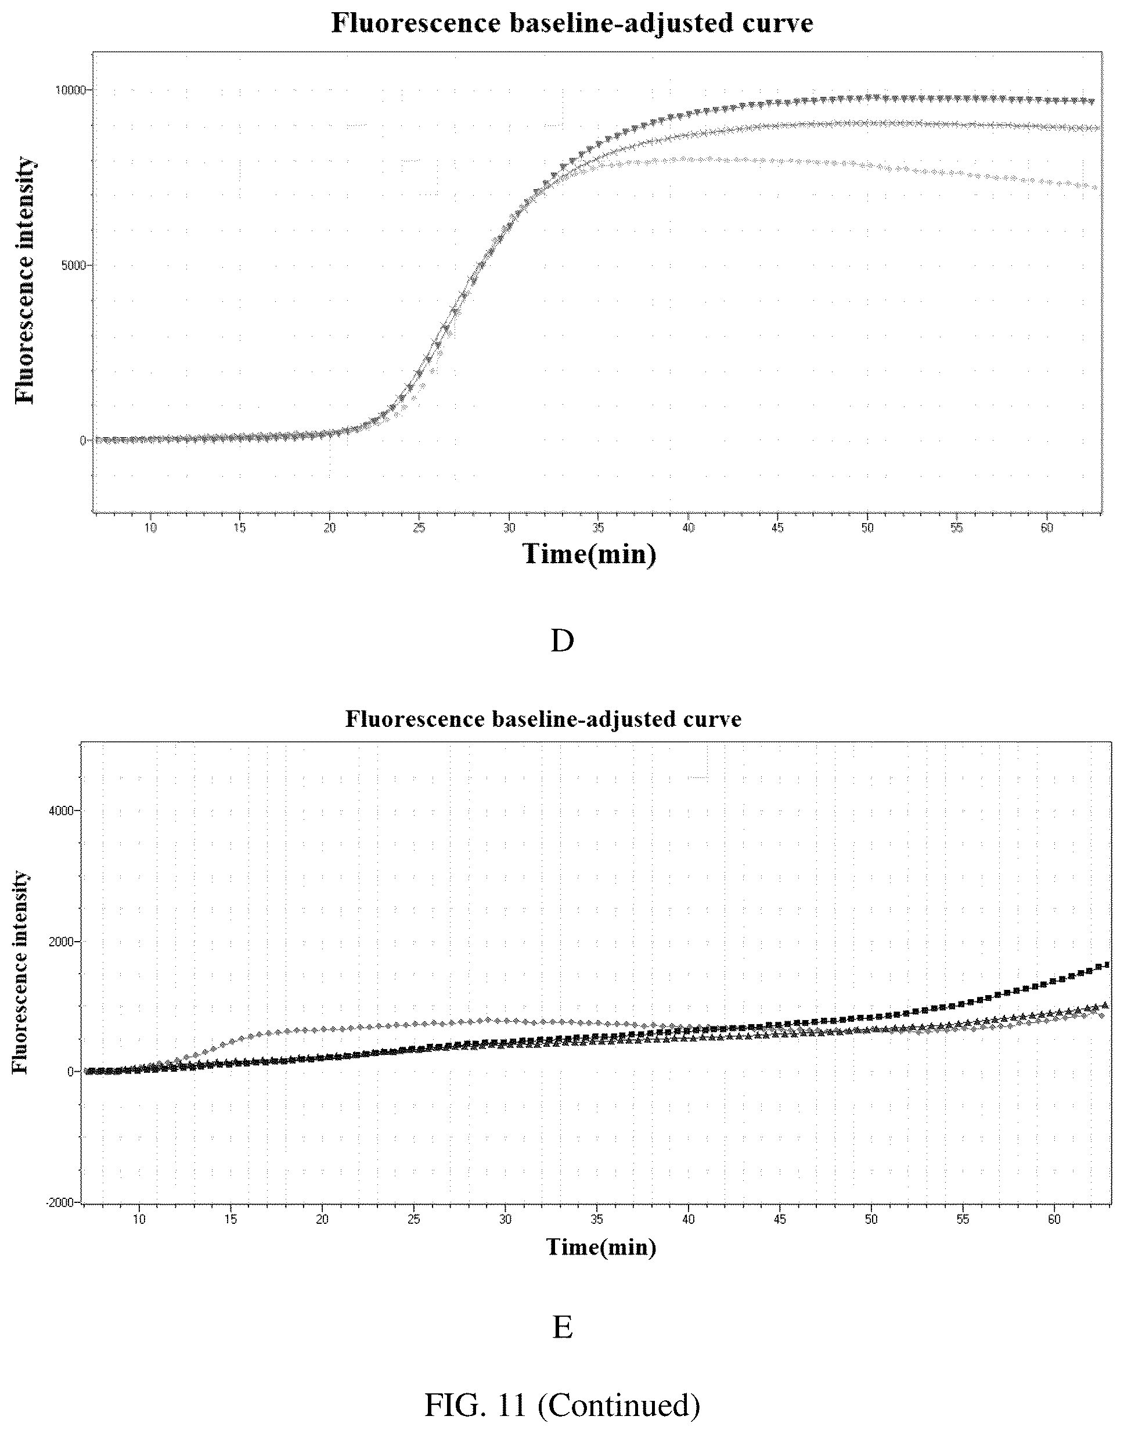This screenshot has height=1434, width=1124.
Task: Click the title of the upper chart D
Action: click(x=572, y=23)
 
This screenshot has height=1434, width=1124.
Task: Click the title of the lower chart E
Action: click(x=543, y=719)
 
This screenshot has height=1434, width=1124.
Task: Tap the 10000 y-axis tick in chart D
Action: click(x=70, y=89)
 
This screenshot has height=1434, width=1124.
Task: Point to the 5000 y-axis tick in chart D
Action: click(x=74, y=265)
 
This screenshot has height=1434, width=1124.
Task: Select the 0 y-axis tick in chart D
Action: click(x=84, y=440)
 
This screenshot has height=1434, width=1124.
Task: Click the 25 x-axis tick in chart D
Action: click(x=419, y=528)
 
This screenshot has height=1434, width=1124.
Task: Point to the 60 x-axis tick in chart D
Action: click(x=1046, y=528)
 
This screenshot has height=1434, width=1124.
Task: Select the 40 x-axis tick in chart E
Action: click(x=689, y=1219)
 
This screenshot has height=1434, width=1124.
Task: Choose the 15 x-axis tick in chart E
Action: click(x=231, y=1219)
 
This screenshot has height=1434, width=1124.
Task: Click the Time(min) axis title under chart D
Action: click(x=590, y=554)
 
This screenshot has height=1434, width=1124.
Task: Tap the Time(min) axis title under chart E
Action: click(x=601, y=1246)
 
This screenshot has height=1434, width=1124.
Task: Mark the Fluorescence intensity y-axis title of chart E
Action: click(x=21, y=972)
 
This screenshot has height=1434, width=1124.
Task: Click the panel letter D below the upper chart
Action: click(x=562, y=640)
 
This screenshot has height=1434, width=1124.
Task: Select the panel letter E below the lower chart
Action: click(x=562, y=1328)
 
